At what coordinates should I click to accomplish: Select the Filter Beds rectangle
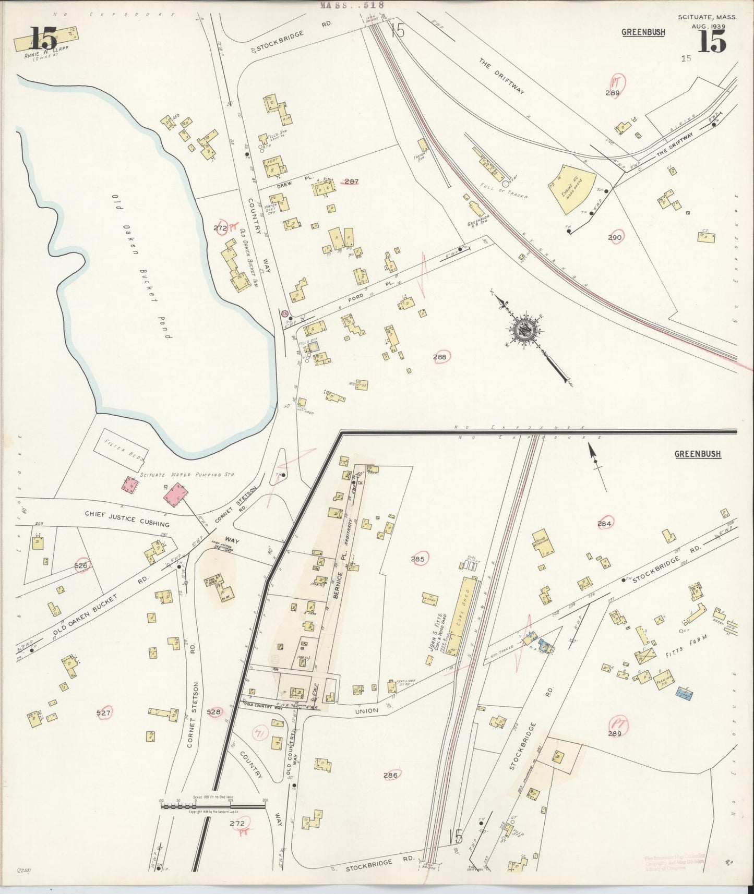coord(121,448)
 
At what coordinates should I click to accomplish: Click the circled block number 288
coord(441,357)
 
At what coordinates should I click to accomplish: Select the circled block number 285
coord(418,559)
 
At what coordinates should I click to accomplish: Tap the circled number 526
coord(81,565)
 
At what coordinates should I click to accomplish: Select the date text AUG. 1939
coord(707,26)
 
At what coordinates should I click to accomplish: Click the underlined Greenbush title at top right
coord(643,32)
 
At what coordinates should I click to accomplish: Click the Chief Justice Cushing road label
coord(127,520)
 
